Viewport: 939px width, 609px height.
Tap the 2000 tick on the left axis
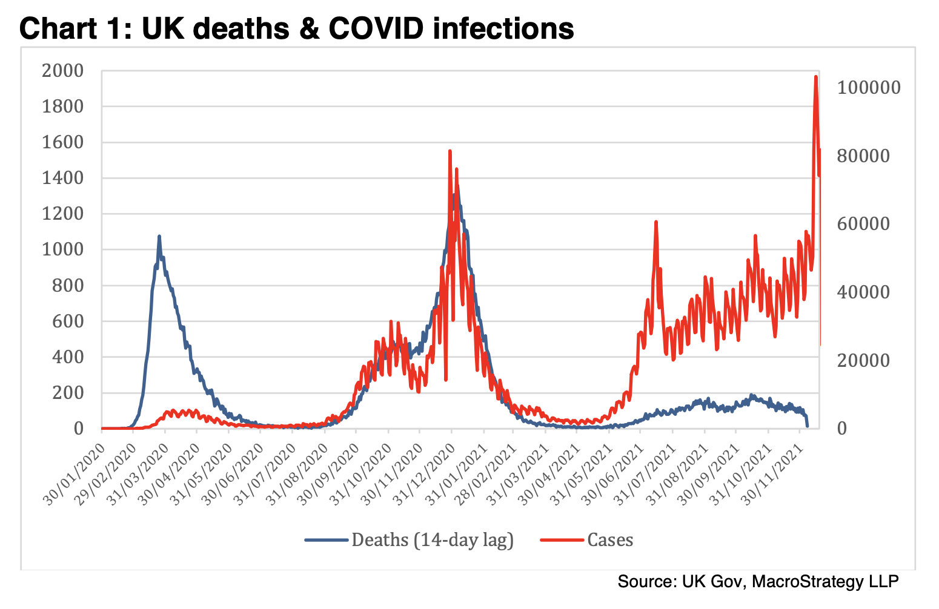(x=62, y=71)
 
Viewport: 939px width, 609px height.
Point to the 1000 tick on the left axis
(x=62, y=249)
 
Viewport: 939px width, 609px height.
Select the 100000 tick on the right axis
(x=869, y=88)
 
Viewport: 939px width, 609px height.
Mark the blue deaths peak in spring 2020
(x=159, y=237)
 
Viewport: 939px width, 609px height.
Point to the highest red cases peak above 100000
(x=815, y=77)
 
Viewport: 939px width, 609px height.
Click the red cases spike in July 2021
(x=655, y=222)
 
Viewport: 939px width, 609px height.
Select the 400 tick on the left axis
(x=68, y=357)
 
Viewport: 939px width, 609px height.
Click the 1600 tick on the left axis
(x=62, y=142)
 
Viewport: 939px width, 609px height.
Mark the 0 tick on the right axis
(x=842, y=429)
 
